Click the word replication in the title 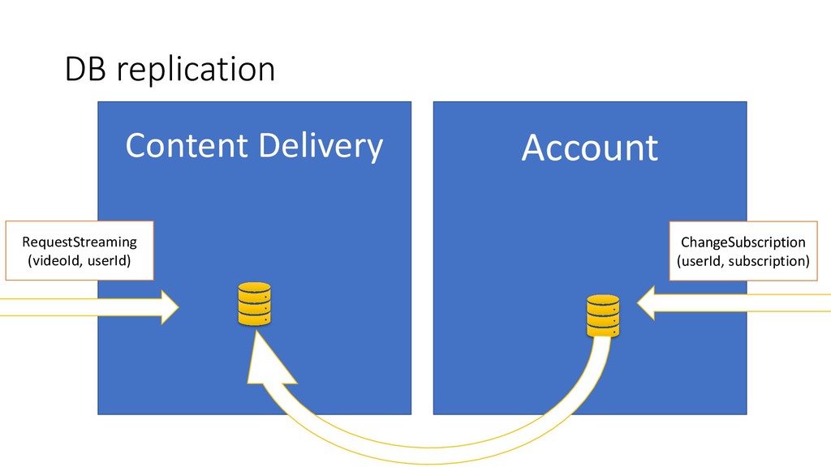pos(196,71)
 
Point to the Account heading pos(589,148)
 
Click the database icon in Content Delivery pos(254,304)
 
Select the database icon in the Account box pos(603,315)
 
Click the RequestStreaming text pos(80,242)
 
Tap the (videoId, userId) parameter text pos(80,260)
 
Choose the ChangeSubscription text pos(743,242)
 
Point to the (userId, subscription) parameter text pos(743,261)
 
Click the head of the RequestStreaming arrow pos(169,306)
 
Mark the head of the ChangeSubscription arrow pos(647,303)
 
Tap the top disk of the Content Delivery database pos(254,289)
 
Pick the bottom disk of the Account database pos(603,330)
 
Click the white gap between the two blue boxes pos(422,243)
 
